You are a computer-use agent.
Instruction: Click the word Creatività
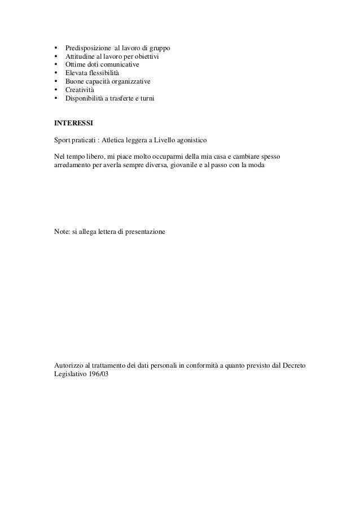click(x=80, y=90)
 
